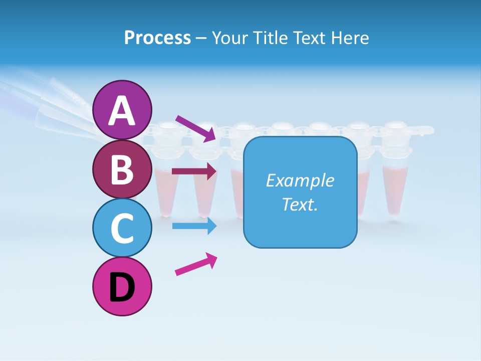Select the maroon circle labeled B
[122, 169]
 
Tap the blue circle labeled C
[122, 228]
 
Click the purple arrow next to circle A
[195, 128]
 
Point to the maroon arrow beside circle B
[194, 171]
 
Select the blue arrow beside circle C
[194, 226]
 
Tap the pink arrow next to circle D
[196, 264]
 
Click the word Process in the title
[157, 38]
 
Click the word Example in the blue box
[300, 180]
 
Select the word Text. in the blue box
[300, 204]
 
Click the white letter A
[122, 111]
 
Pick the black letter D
[122, 288]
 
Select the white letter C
[122, 229]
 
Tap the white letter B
[122, 170]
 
